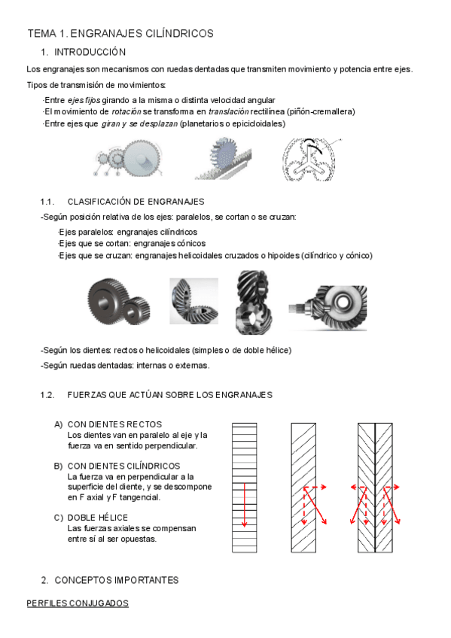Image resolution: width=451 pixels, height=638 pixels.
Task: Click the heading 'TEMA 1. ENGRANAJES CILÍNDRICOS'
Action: click(120, 33)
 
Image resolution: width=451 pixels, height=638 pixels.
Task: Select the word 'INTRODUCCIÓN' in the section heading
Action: click(90, 52)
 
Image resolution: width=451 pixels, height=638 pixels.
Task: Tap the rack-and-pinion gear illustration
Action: click(223, 158)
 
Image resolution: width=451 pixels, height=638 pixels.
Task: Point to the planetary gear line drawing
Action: click(309, 159)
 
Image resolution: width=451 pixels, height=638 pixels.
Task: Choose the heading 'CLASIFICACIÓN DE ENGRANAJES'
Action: click(136, 202)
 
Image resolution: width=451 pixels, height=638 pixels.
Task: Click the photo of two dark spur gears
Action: click(118, 302)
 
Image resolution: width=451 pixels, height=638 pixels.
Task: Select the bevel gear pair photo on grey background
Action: click(194, 301)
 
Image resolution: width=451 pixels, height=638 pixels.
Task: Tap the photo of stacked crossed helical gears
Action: click(253, 302)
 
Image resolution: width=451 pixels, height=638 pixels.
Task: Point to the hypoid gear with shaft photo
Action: click(328, 308)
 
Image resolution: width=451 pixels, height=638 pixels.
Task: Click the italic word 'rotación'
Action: click(126, 111)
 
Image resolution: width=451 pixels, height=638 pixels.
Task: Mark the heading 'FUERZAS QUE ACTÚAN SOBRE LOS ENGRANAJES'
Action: click(170, 395)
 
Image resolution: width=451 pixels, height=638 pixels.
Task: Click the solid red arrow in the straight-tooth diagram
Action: click(244, 506)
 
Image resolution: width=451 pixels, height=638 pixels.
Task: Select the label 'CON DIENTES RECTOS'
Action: click(114, 424)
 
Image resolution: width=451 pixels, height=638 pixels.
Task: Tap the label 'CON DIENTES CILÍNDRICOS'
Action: click(123, 466)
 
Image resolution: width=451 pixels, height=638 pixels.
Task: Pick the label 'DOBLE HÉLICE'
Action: click(98, 518)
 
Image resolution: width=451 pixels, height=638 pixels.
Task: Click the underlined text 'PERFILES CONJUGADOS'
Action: click(78, 603)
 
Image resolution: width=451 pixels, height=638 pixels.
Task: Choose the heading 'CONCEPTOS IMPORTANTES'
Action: click(117, 580)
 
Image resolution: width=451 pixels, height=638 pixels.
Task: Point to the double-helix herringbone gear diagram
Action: click(375, 488)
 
